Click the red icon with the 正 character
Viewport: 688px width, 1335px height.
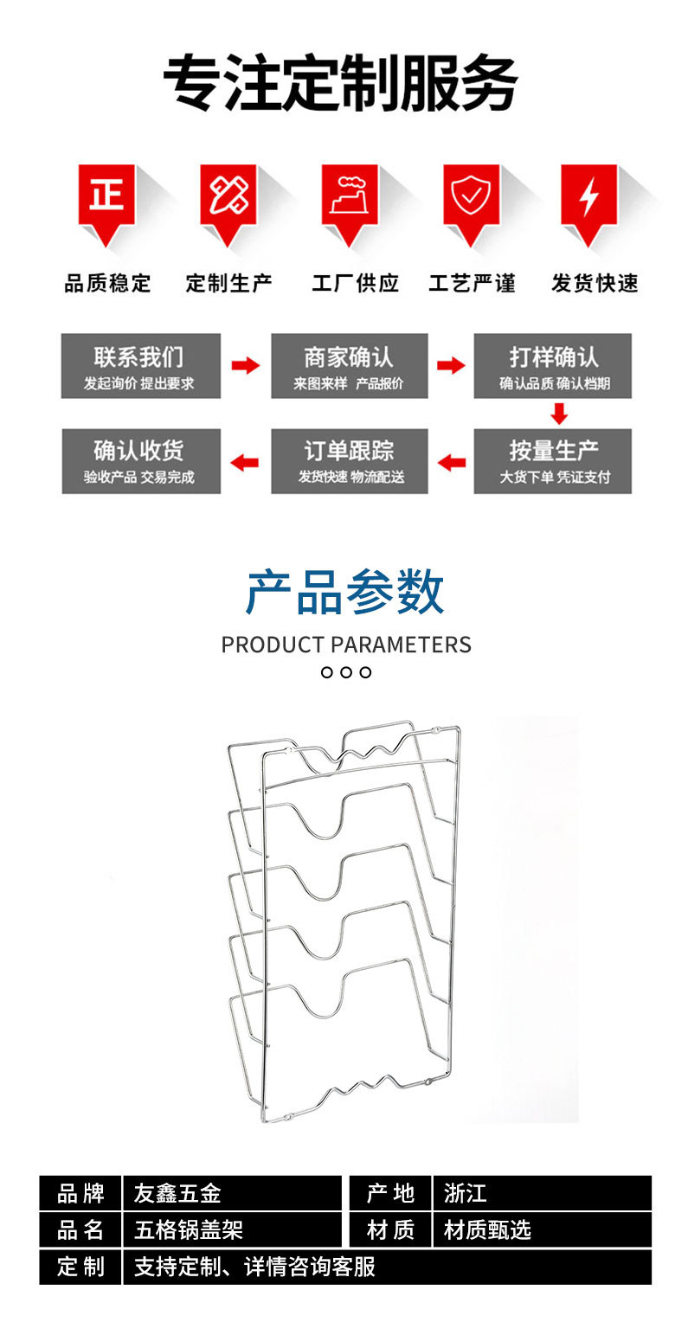pos(106,196)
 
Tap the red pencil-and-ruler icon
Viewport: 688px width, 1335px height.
pos(228,196)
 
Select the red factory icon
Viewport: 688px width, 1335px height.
pos(350,196)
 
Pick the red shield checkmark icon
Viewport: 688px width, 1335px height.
pos(472,196)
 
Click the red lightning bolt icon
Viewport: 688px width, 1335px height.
pos(588,196)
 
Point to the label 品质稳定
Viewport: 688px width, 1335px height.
pos(107,283)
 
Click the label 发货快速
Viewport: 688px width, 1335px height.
pos(595,283)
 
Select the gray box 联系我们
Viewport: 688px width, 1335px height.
pos(140,366)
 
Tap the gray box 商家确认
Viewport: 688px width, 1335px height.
pos(349,366)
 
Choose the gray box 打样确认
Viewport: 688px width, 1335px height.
pos(553,366)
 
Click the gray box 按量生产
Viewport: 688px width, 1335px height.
pos(553,461)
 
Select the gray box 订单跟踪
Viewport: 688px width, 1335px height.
pos(349,461)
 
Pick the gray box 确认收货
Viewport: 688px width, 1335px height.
pos(140,461)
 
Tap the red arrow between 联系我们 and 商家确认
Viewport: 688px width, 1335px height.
pos(246,365)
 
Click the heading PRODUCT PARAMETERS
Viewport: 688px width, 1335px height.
pos(346,645)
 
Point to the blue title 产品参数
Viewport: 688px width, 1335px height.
pos(344,593)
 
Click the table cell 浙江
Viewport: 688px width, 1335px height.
pos(542,1193)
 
